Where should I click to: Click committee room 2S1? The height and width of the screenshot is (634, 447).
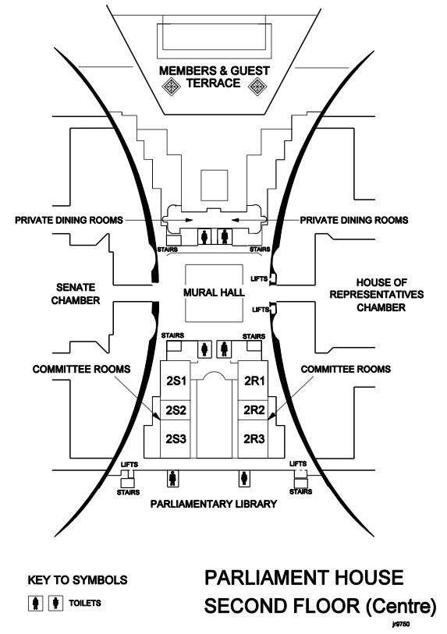tap(176, 381)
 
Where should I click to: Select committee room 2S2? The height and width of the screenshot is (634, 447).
tap(176, 410)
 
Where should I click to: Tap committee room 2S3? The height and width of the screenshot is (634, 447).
tap(176, 439)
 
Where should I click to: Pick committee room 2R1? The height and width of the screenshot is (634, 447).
tap(254, 381)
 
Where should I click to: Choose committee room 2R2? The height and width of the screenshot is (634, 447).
tap(254, 410)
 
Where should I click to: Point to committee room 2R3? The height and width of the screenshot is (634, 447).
tap(254, 439)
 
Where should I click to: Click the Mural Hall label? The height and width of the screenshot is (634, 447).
tap(214, 292)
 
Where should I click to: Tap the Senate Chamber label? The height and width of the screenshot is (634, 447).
tap(76, 294)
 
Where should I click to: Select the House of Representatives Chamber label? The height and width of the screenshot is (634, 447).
tap(377, 295)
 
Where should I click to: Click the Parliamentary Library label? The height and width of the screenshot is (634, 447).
tap(214, 504)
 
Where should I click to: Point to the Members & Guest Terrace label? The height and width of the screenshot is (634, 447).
tap(214, 77)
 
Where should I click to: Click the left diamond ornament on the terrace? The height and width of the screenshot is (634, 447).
tap(171, 86)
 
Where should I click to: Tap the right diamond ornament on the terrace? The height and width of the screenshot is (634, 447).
tap(257, 86)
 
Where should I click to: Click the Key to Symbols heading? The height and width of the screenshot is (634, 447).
tap(77, 580)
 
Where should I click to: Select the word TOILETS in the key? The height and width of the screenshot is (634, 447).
tap(85, 603)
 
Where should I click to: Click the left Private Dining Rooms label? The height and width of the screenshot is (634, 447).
tap(69, 220)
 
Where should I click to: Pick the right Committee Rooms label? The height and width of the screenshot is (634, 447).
tap(346, 369)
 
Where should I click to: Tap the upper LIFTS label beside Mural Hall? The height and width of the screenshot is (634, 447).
tap(259, 278)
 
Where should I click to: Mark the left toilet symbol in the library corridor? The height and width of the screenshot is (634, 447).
tap(173, 478)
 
